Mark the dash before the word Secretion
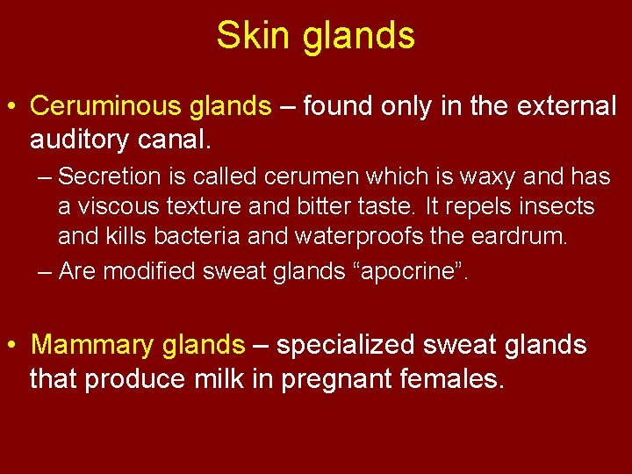(x=46, y=177)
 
